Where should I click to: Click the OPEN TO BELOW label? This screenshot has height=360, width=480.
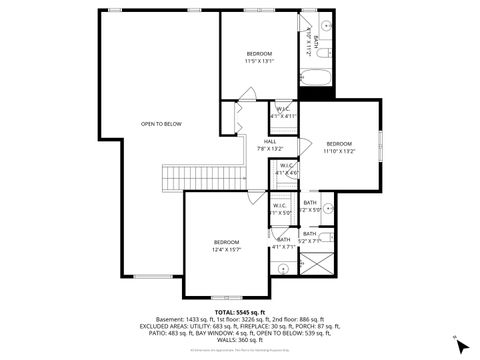point(161,124)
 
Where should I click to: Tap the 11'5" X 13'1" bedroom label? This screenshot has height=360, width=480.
point(259,57)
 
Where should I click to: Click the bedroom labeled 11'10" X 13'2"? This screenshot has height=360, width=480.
point(339,147)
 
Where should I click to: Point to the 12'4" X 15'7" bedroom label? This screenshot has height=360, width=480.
point(227,245)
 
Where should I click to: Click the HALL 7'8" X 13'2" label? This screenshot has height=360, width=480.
point(270,145)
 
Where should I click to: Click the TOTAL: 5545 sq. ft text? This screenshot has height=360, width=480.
point(240,298)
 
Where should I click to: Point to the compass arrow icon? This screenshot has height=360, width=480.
point(458,342)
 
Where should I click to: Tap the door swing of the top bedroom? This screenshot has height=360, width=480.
point(243,96)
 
